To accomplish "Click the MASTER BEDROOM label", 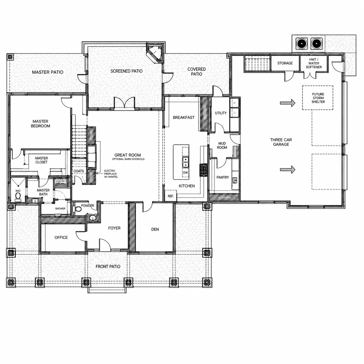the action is coord(40,124).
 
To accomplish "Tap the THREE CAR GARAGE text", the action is coord(281,142).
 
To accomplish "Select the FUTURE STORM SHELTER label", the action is coord(318,98).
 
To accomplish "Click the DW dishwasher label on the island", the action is coord(185,172).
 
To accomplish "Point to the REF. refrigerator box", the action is coord(171,196).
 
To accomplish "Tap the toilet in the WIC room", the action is coord(18,197).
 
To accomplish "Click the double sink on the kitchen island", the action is coord(185,162).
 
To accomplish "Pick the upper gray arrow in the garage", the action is coord(287,103).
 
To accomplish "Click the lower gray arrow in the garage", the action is coord(287,170).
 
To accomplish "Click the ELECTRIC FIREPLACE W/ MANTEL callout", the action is coord(111,174).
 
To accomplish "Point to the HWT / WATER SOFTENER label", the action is coord(314,63).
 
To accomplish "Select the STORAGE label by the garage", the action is coord(285,63).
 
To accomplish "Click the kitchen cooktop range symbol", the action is coord(204,170).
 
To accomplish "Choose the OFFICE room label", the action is coord(61,237).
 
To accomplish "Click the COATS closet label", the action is coord(79,171).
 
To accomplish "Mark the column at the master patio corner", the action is coord(10,57).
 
